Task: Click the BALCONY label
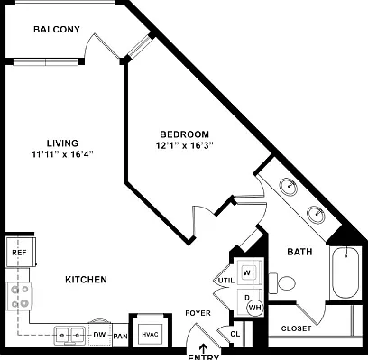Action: coord(57,30)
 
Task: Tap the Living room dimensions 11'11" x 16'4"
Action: coord(62,154)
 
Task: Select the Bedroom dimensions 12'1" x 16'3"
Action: coord(185,145)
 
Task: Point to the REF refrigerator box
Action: coord(21,252)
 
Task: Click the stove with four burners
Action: coord(20,297)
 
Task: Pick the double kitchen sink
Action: coord(70,335)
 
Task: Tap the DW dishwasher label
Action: coord(99,335)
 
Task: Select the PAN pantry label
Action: coord(121,336)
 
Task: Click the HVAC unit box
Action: coord(151,334)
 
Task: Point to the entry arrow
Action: coord(204,348)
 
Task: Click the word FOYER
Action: coord(198,313)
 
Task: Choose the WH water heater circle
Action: coord(255,308)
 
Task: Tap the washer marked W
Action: coord(247,272)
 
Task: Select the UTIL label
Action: coord(226,281)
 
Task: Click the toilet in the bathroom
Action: coord(281,283)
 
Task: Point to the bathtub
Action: coord(345,273)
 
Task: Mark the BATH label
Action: coord(299,252)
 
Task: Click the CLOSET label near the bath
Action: coord(296,328)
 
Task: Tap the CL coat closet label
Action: coord(235,334)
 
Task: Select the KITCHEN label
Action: coord(86,280)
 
